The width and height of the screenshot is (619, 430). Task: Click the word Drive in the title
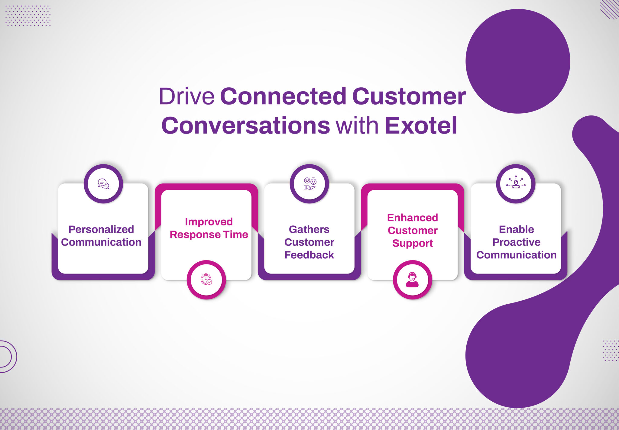[186, 97]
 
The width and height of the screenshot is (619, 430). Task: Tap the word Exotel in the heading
[421, 126]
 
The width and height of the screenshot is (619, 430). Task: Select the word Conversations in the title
[246, 126]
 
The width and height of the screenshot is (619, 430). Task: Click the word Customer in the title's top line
[409, 97]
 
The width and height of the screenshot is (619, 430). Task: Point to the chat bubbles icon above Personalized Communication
[103, 183]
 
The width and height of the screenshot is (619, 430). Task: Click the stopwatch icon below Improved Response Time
[206, 279]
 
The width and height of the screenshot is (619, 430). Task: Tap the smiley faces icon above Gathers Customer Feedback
[309, 183]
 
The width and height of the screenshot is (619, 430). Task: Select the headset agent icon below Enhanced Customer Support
[412, 280]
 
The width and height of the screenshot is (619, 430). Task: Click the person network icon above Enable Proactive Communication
[516, 183]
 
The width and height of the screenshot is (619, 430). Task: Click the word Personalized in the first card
[101, 229]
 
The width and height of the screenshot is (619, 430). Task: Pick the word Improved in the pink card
[209, 222]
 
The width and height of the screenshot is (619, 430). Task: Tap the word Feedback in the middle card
[309, 255]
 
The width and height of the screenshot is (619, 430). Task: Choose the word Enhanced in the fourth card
[413, 218]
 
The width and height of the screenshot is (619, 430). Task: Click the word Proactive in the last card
[516, 242]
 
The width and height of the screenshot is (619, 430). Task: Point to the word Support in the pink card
[413, 243]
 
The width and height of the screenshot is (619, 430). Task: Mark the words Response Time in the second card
[209, 235]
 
